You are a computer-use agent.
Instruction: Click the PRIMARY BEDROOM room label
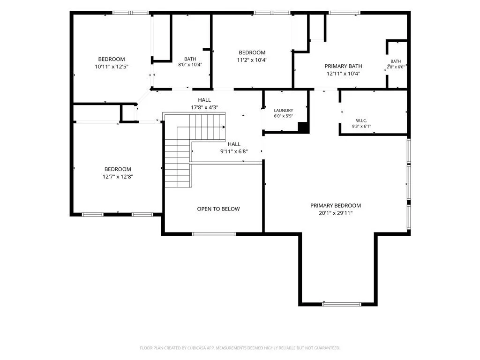pos(336,205)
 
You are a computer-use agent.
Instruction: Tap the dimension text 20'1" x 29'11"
pos(336,213)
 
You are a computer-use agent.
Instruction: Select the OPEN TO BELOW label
pos(218,209)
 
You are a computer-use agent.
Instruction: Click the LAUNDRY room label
pos(284,110)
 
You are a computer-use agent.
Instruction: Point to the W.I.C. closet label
pos(361,120)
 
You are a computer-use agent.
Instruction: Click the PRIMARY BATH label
pos(343,66)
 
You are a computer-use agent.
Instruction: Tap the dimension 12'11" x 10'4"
pos(343,74)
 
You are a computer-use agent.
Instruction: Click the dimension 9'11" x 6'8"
pos(234,151)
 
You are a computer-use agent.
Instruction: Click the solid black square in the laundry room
pos(303,127)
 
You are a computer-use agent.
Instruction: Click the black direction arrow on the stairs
pos(224,127)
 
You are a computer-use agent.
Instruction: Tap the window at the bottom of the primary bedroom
pos(342,304)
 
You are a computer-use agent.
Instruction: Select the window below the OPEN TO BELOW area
pos(214,234)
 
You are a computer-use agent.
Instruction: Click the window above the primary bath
pos(345,13)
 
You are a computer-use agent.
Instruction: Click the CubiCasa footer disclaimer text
pos(240,348)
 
